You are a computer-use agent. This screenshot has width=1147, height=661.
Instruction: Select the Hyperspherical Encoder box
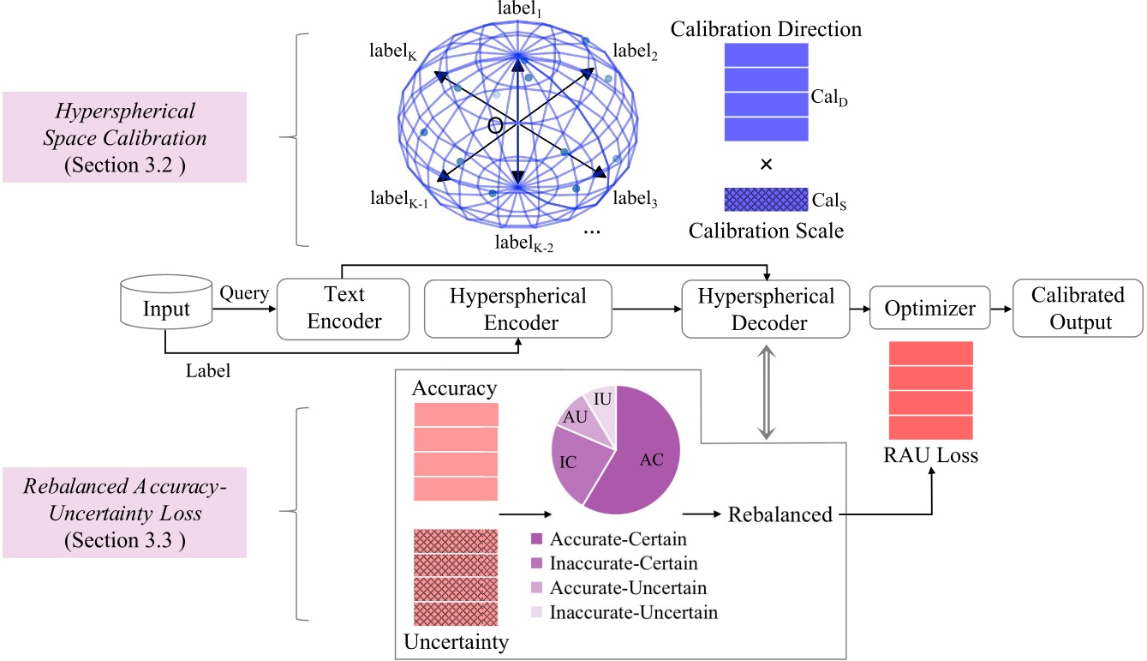(518, 309)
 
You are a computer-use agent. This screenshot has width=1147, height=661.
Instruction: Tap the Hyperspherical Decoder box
(766, 309)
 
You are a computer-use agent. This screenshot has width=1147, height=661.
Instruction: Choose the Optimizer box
(929, 307)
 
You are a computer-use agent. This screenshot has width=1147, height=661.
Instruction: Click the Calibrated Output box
(1077, 309)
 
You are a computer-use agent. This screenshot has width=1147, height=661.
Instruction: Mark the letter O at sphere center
(494, 125)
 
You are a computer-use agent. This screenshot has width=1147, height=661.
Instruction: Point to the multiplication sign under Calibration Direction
(766, 165)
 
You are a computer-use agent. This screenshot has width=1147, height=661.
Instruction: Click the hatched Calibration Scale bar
(766, 200)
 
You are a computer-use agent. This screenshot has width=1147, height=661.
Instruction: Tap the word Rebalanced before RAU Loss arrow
(780, 514)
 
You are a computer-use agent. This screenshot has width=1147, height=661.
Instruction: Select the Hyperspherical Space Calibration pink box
(124, 137)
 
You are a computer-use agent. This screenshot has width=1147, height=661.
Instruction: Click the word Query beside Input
(244, 293)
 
